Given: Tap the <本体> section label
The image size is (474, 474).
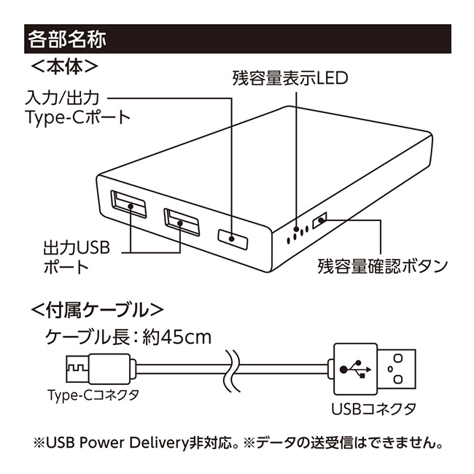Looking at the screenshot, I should tap(65, 66).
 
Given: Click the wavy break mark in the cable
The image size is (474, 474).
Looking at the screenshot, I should tap(233, 368).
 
